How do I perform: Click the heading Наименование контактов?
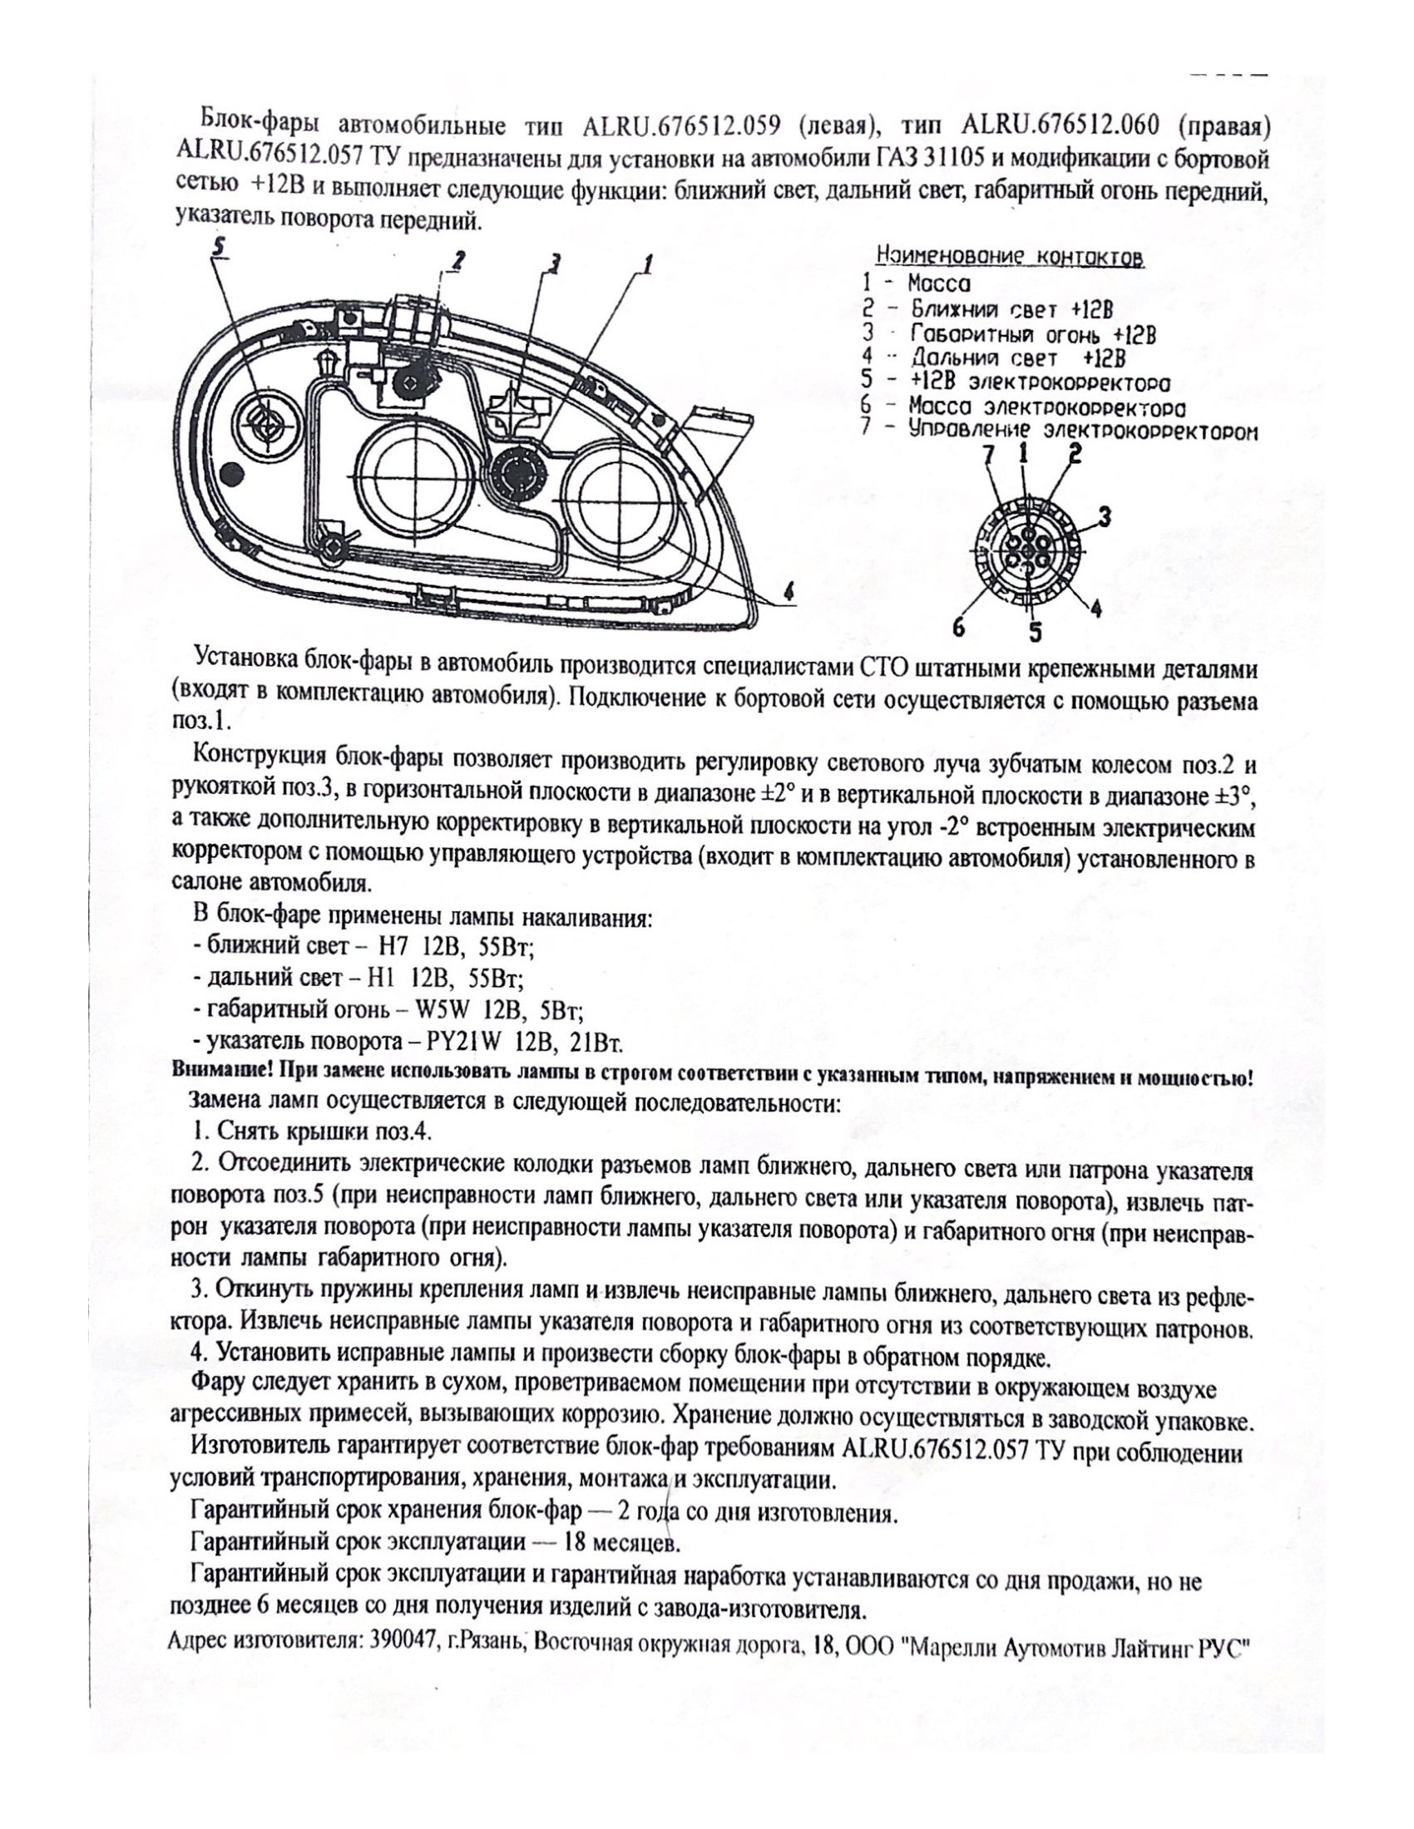1010,256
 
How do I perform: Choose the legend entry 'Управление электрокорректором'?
1060,431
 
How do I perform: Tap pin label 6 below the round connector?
960,624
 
